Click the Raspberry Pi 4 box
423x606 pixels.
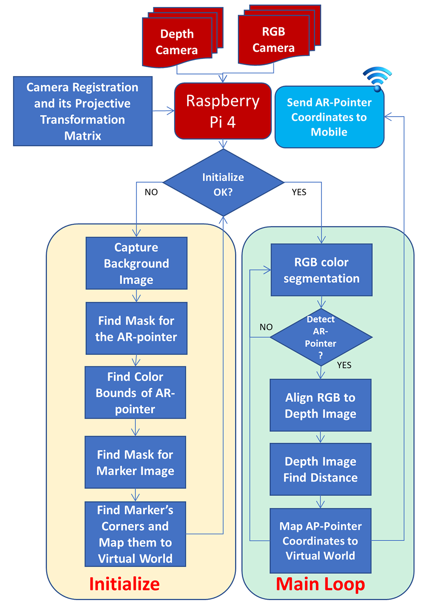223,111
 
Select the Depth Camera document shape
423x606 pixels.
183,37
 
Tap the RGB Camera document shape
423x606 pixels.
279,35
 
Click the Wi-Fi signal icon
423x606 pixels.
377,78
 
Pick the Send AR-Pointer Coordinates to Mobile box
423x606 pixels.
329,117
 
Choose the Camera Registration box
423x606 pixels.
83,111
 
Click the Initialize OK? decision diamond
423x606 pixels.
223,183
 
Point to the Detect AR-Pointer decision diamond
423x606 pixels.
321,337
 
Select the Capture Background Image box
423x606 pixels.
137,263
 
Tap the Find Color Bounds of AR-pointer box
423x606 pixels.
135,393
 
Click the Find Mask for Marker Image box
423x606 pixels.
135,462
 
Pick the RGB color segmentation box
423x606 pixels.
321,270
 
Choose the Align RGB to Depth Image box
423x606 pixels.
320,405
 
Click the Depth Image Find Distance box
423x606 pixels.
320,469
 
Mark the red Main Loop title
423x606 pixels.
320,585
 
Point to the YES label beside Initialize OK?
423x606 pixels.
299,192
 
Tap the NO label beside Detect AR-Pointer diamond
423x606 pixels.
266,327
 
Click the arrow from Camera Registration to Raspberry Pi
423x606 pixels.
163,111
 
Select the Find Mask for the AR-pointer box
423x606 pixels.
137,329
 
